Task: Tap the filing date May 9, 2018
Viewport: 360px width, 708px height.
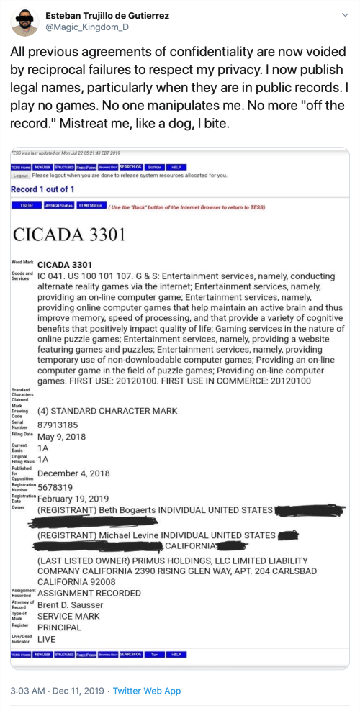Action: coord(62,436)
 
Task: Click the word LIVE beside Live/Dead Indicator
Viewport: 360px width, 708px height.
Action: coord(47,638)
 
